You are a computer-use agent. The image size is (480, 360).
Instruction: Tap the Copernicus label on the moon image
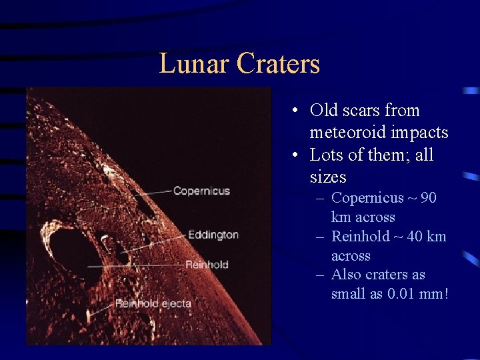(x=201, y=191)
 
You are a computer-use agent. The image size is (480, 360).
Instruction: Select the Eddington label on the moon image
(x=213, y=235)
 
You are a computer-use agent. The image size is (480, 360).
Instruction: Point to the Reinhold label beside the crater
(x=207, y=265)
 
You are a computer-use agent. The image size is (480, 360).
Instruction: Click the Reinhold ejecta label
(x=153, y=304)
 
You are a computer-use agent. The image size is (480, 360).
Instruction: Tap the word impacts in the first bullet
(x=421, y=133)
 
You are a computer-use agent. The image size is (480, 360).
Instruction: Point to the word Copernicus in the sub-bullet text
(x=367, y=198)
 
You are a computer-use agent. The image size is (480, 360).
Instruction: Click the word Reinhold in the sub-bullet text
(x=360, y=237)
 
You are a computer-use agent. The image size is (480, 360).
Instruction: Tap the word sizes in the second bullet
(x=328, y=177)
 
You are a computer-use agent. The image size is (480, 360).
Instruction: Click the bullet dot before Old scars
(x=294, y=111)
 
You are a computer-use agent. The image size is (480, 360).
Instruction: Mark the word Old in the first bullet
(x=324, y=111)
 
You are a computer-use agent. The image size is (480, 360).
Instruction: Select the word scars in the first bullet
(x=365, y=111)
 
